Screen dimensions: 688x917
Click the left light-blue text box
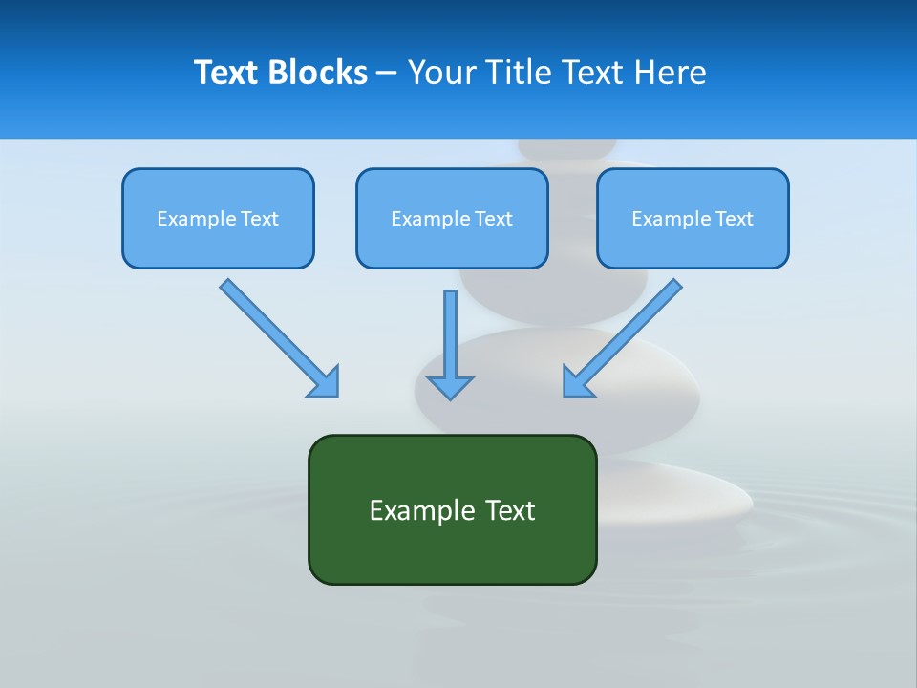pyautogui.click(x=218, y=245)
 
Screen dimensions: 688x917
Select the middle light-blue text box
pyautogui.click(x=452, y=245)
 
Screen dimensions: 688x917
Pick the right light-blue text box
pyautogui.click(x=693, y=245)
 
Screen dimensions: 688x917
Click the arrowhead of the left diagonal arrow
pyautogui.click(x=325, y=382)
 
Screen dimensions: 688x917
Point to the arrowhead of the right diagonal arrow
pyautogui.click(x=577, y=382)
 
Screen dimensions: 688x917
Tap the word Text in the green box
pyautogui.click(x=510, y=510)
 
